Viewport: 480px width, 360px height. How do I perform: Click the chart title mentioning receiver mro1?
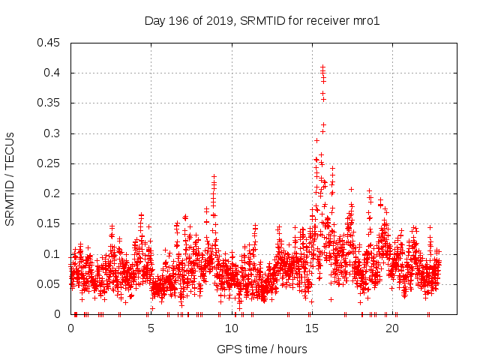[262, 21]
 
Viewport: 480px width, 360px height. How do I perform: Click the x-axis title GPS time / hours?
[262, 349]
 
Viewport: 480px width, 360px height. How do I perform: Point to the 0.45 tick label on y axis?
[49, 43]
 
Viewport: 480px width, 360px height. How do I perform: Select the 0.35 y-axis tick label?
[49, 103]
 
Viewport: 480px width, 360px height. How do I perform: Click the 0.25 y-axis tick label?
[49, 163]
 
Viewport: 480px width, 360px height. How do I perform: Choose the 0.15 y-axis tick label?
[49, 223]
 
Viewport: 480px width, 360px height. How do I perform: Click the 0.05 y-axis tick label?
[49, 284]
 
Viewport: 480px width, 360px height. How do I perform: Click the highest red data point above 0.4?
[322, 67]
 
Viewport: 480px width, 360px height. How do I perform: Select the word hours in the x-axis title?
[292, 349]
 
